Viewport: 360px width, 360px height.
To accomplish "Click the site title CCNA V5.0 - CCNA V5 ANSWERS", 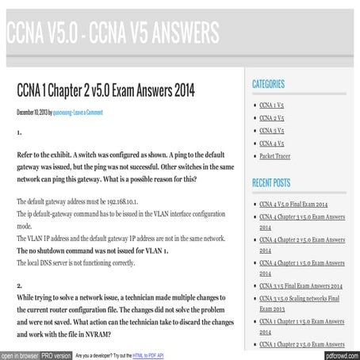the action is pos(112,33).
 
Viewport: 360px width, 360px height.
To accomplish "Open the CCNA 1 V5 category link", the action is pos(272,105).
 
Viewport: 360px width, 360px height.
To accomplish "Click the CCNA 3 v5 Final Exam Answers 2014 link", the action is pos(301,285).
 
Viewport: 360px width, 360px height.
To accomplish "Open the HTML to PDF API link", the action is pos(148,355).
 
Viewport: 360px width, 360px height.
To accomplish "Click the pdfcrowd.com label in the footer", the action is pos(339,355).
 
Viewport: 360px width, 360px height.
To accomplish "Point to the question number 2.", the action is pos(20,284).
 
